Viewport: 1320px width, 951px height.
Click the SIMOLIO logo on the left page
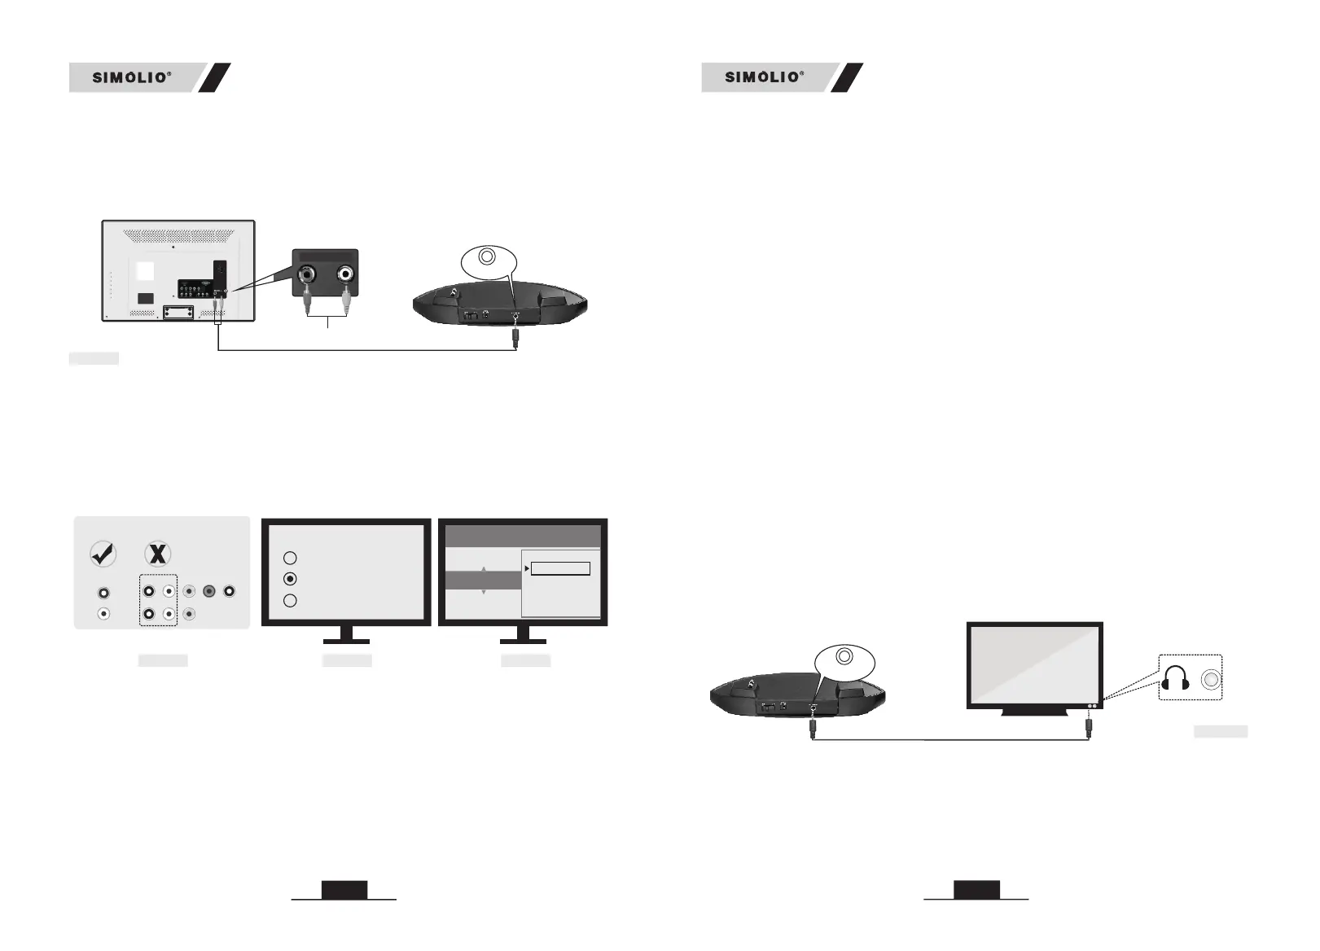(131, 77)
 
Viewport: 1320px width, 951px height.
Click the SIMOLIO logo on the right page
(764, 77)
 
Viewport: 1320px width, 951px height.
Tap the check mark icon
(103, 554)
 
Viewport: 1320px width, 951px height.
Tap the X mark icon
(157, 554)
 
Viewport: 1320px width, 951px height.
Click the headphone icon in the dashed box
(1175, 678)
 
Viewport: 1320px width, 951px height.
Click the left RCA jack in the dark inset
(309, 274)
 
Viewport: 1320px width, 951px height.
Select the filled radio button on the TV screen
(290, 579)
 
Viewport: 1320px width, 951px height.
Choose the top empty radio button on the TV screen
(290, 558)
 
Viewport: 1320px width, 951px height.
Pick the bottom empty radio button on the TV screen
(290, 601)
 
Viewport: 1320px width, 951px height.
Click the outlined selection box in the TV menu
(560, 568)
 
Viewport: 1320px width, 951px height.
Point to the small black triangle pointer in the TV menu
(527, 568)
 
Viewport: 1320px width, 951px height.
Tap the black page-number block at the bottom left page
(344, 890)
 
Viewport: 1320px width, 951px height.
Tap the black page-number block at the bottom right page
(976, 890)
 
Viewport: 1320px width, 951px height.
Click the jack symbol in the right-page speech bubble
(845, 655)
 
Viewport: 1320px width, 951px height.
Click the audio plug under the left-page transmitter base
(516, 335)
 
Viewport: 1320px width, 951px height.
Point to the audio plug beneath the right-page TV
(1089, 723)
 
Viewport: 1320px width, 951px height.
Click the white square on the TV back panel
(145, 270)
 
